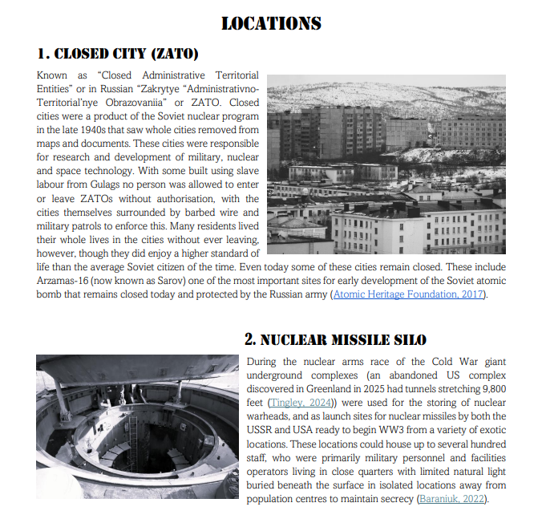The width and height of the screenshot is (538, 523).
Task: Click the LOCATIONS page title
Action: [x=271, y=23]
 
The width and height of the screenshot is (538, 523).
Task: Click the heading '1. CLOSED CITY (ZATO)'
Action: [x=117, y=55]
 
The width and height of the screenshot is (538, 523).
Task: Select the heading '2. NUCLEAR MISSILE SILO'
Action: [x=335, y=340]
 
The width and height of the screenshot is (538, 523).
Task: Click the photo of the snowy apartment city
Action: [x=386, y=164]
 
